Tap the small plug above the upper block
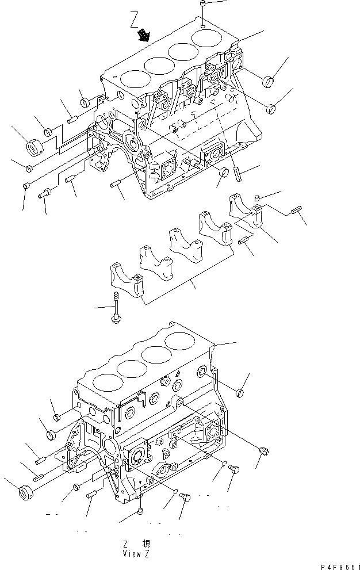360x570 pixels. click(204, 6)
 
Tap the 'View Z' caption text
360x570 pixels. click(137, 554)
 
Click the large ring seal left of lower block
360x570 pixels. click(24, 492)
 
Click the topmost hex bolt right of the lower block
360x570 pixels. click(240, 393)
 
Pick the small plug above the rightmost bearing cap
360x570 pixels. click(258, 199)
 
